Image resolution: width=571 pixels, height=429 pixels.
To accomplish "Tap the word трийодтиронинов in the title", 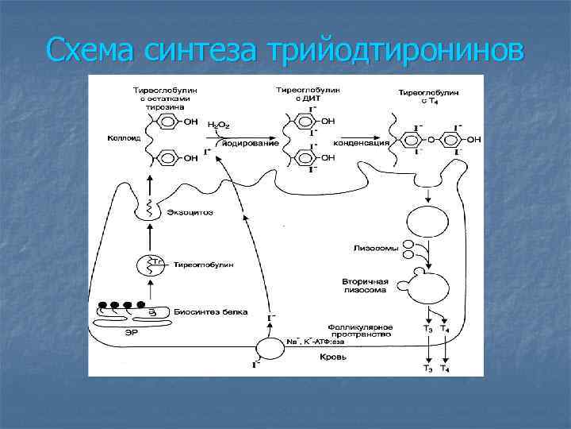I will click(x=397, y=51).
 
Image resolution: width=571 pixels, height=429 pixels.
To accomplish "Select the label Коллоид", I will click(x=119, y=137).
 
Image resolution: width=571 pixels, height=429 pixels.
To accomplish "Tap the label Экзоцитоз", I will click(x=190, y=212).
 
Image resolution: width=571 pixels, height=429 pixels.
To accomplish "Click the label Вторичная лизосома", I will click(x=366, y=285).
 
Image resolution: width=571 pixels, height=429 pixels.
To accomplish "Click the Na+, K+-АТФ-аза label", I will click(x=316, y=342).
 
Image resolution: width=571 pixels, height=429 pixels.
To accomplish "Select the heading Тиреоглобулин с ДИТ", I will click(x=307, y=95).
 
